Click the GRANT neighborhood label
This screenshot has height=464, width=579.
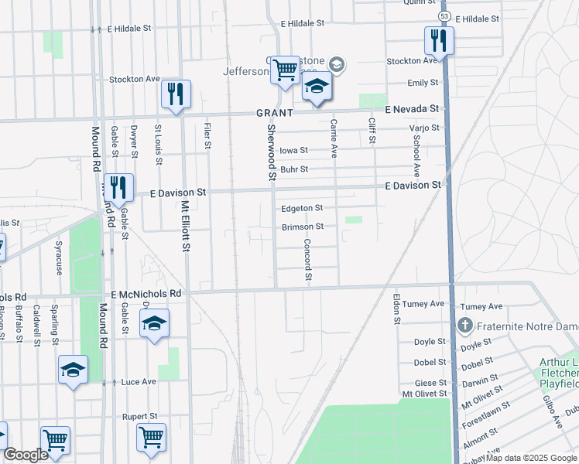coord(275,113)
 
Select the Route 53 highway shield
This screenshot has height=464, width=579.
coord(443,15)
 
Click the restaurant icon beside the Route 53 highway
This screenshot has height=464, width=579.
coord(439,40)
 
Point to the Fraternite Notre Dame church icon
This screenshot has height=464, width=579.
coord(464,326)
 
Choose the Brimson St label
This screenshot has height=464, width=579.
coord(302,227)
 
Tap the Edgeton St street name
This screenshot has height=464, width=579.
coord(302,208)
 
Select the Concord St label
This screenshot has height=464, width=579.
coord(308,263)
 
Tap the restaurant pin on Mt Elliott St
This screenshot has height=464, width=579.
coord(176,94)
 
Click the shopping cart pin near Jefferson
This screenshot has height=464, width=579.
coord(286,70)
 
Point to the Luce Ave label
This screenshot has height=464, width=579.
coord(139,382)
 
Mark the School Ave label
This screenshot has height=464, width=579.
coord(416,156)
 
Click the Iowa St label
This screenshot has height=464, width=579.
coord(293,150)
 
